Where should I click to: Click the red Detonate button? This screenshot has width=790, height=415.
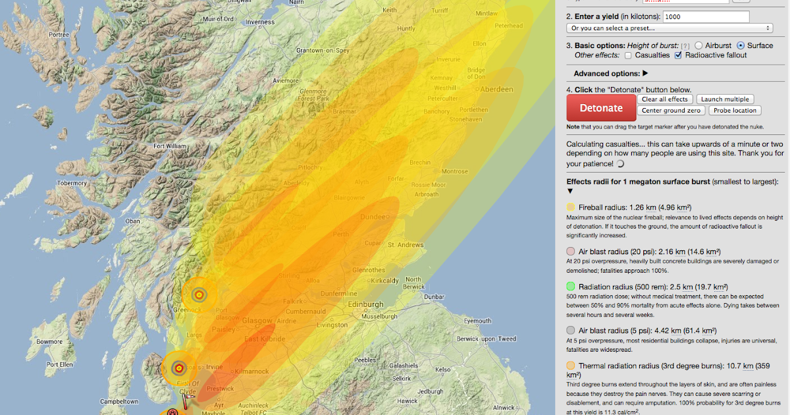(x=601, y=108)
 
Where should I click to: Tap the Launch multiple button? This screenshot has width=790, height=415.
(x=723, y=99)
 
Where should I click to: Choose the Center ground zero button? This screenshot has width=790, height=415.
(x=671, y=111)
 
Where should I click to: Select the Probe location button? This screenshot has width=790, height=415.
(x=735, y=111)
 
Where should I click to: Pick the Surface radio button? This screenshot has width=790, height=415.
(x=741, y=45)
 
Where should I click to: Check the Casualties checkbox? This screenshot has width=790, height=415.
(x=627, y=55)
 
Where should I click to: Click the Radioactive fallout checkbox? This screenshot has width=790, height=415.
(x=679, y=55)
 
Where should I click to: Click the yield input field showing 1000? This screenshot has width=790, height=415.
(x=706, y=17)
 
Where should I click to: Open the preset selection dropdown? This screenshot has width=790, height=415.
(x=669, y=28)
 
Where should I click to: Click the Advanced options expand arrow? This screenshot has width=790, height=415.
(x=645, y=74)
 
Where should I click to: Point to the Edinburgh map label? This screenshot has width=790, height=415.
(x=366, y=304)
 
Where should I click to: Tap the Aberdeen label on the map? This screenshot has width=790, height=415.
(x=497, y=90)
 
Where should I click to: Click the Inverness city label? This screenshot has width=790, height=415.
(x=259, y=22)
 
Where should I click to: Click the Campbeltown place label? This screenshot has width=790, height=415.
(x=118, y=401)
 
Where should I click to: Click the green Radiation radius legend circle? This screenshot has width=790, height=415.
(x=571, y=287)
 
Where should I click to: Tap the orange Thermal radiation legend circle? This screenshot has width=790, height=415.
(x=571, y=366)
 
